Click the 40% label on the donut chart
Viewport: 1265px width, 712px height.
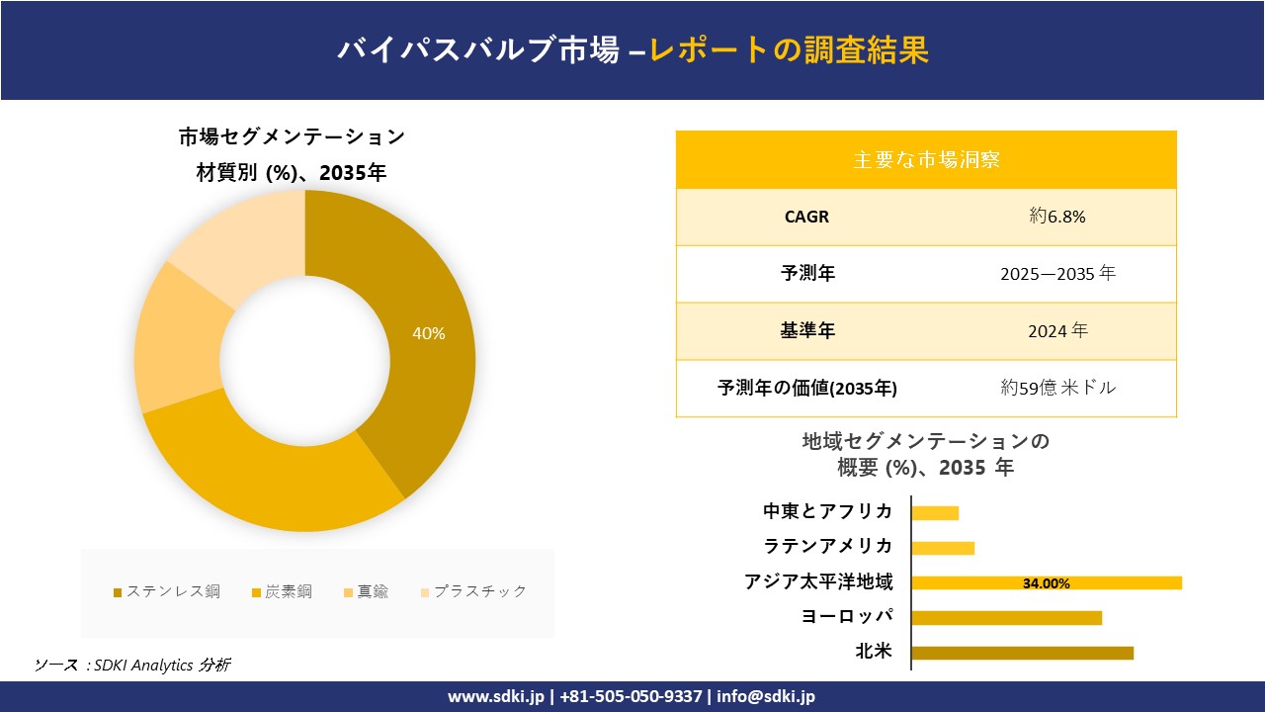[x=429, y=334]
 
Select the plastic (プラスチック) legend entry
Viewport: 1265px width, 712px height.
[x=473, y=591]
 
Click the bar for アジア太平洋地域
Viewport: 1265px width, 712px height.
[x=1046, y=582]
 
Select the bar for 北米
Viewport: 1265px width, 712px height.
[x=1022, y=653]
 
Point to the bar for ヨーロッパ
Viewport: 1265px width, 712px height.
[x=1006, y=618]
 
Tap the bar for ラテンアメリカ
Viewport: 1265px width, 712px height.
[x=943, y=548]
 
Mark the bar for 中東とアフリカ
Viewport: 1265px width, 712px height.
[x=935, y=512]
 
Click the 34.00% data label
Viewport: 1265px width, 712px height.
[x=1046, y=583]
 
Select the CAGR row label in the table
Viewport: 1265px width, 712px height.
[x=806, y=217]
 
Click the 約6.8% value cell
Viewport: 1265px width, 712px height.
[x=1057, y=217]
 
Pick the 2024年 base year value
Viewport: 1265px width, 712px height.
[x=1057, y=331]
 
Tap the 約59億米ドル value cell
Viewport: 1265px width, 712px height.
[x=1057, y=389]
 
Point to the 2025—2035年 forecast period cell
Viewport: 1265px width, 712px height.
[x=1057, y=274]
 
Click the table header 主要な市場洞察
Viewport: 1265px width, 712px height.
[x=926, y=159]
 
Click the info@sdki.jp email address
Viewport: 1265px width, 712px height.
[x=766, y=696]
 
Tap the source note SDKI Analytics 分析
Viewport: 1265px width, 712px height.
[x=162, y=666]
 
